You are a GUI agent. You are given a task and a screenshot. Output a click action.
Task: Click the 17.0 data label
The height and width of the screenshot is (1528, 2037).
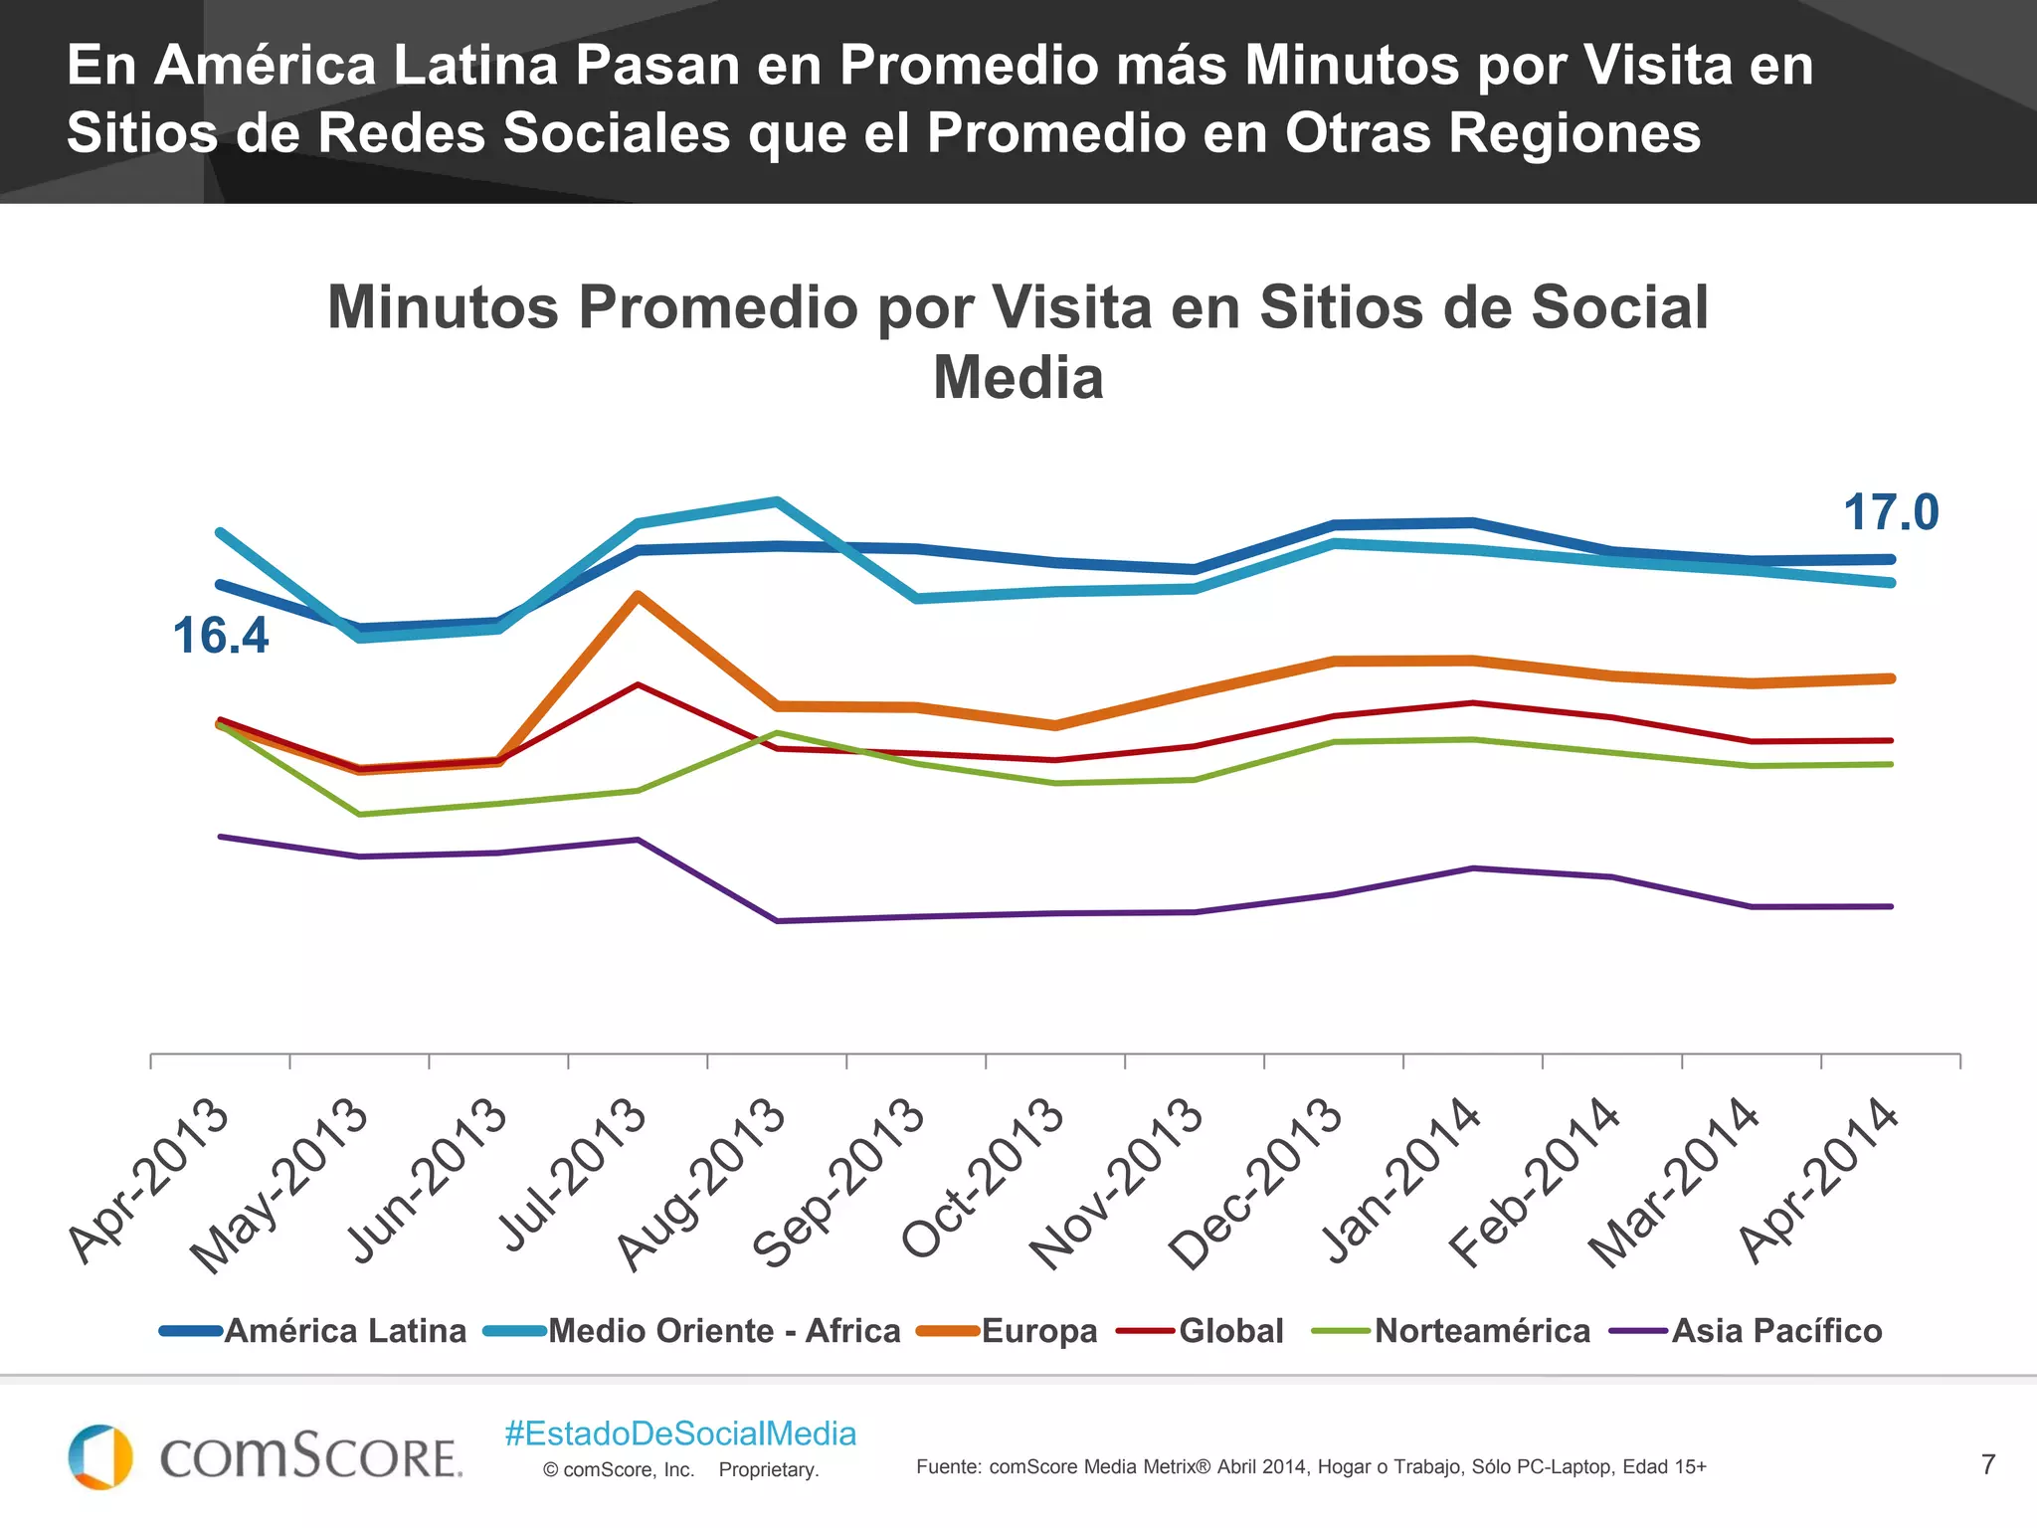[1890, 513]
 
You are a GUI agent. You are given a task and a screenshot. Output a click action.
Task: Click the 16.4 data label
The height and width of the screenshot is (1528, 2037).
[220, 636]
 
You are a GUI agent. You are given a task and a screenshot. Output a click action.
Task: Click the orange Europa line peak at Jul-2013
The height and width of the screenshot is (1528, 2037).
[638, 595]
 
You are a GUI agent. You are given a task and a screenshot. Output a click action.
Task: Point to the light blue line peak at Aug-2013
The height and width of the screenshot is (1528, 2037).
[777, 500]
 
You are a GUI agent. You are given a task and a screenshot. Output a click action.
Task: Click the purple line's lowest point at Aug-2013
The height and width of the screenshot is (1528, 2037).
[777, 921]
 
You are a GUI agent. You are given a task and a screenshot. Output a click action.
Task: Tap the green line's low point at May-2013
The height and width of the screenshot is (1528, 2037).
[359, 815]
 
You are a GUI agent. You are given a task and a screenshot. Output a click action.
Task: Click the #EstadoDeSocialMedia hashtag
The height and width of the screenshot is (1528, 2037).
[680, 1433]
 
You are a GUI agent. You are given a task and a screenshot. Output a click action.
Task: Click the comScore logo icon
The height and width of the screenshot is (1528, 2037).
[100, 1457]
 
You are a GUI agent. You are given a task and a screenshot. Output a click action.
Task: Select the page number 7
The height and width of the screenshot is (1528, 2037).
[1987, 1464]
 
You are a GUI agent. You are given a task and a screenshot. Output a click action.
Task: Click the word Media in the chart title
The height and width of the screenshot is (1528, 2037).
[1018, 379]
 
